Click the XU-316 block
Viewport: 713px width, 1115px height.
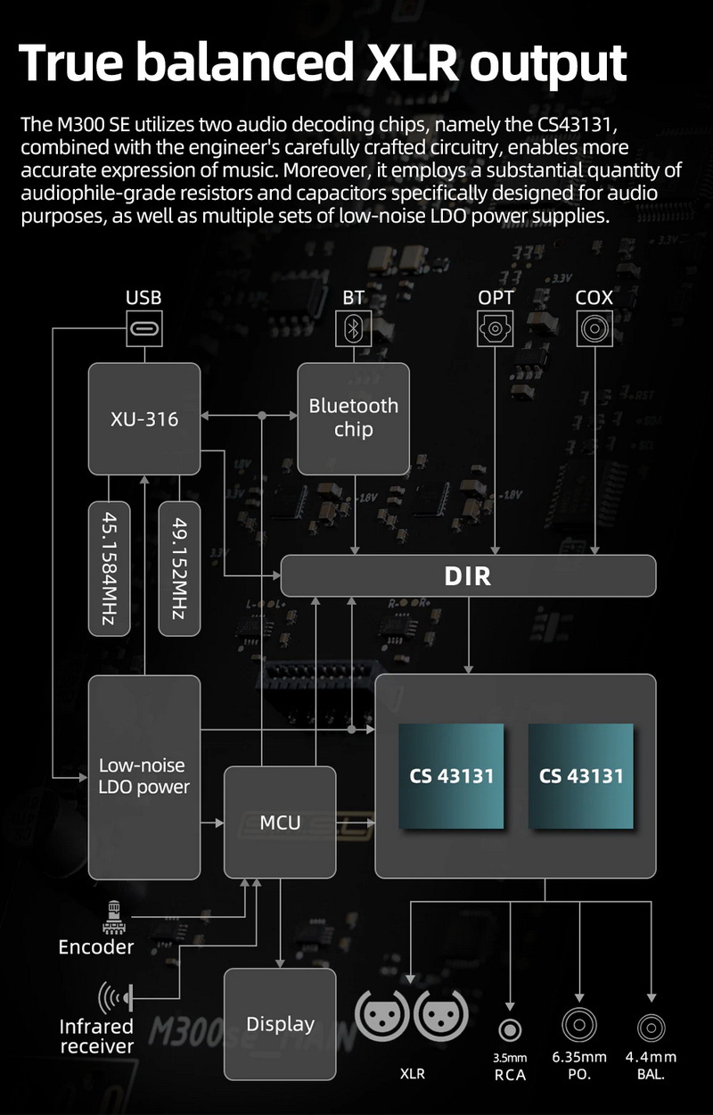pos(144,417)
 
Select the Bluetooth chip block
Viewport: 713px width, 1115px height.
pos(353,417)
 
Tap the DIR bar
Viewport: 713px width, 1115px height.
pos(468,575)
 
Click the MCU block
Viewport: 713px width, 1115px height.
pos(280,822)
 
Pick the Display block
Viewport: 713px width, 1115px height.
pos(280,1024)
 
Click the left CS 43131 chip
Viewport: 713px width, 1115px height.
pos(451,775)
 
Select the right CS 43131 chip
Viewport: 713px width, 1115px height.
pos(581,775)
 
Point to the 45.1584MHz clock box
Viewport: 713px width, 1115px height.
pos(109,568)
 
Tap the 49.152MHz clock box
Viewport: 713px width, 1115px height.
pos(178,568)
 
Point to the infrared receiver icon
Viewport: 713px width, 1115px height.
pos(116,995)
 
